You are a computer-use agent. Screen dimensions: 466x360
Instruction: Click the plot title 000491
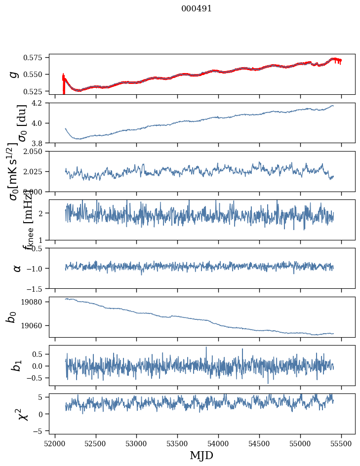tap(197, 8)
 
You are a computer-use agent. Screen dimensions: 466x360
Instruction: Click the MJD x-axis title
tap(202, 455)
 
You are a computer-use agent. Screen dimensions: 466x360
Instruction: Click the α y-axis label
tap(17, 268)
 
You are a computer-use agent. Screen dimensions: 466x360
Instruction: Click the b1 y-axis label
tap(17, 366)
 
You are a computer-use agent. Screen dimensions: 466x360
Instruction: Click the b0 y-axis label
tap(11, 317)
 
